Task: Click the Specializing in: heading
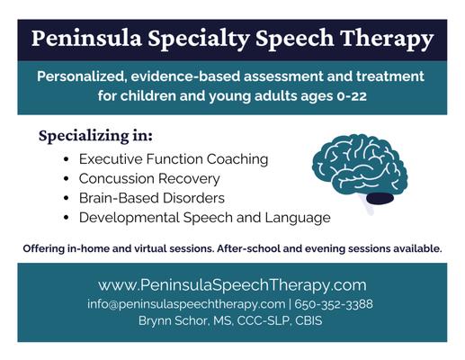tap(96, 137)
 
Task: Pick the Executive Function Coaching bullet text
tap(174, 159)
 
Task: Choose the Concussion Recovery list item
tap(149, 179)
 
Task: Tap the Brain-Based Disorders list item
tap(151, 198)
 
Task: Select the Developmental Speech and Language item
tap(204, 218)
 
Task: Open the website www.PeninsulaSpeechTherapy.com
tap(232, 285)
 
